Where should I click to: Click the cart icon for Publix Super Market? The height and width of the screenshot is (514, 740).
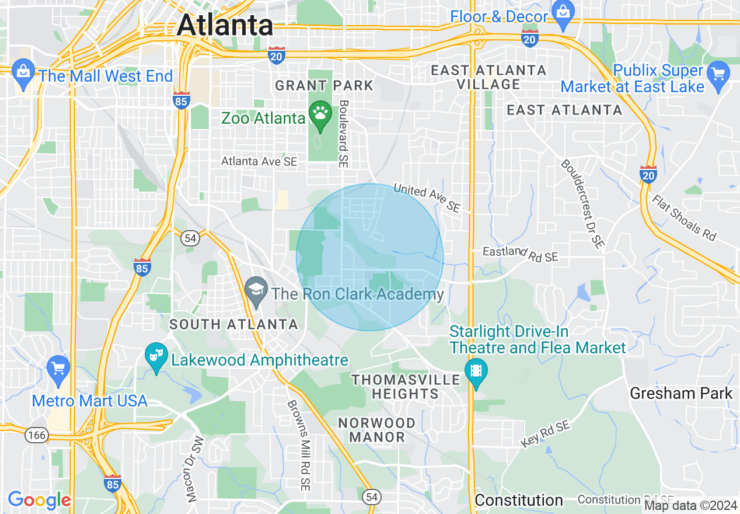tap(718, 74)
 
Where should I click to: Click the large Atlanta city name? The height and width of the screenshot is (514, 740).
tap(225, 25)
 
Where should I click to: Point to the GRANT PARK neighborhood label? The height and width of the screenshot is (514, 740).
tap(324, 86)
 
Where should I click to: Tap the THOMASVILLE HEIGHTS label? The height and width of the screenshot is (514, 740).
tap(406, 387)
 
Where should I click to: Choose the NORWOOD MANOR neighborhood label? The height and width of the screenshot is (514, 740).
tap(377, 429)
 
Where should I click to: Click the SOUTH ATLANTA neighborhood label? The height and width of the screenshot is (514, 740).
tap(233, 324)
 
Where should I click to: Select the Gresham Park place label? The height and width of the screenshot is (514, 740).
tap(681, 393)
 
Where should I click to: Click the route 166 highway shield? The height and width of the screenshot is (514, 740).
tap(36, 435)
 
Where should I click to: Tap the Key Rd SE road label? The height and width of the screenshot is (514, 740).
tap(546, 435)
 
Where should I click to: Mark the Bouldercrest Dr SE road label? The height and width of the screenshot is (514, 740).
tap(582, 204)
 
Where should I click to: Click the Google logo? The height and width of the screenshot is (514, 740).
tap(39, 500)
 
